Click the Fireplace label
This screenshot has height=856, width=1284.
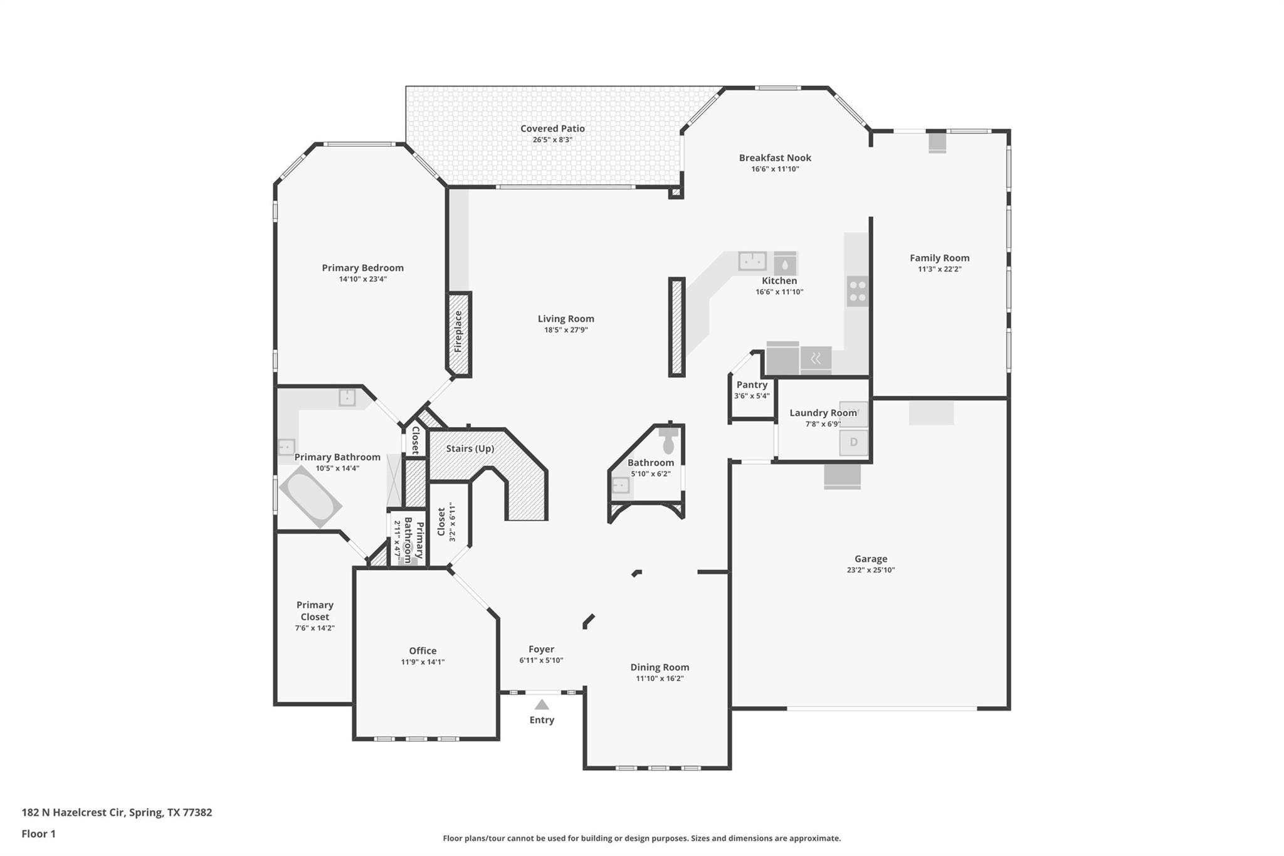458,332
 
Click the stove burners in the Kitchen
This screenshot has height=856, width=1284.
858,291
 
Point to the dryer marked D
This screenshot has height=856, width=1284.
853,442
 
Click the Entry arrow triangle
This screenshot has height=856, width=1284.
542,705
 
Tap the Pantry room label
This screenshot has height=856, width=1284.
752,384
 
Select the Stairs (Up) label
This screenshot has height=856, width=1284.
470,448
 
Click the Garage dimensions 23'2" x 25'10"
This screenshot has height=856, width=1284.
870,570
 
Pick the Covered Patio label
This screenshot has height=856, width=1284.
552,129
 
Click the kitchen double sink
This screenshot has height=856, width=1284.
752,260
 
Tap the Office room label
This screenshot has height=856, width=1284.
423,651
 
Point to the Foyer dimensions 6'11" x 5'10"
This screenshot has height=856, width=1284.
541,660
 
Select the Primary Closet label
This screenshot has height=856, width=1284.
315,610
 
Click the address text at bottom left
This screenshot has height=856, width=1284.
117,812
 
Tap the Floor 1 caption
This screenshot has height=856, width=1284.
38,833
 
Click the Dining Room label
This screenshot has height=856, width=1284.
660,667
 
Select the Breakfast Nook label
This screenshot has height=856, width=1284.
775,158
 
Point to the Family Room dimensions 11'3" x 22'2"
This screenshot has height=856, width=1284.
939,269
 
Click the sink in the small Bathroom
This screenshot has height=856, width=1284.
620,485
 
